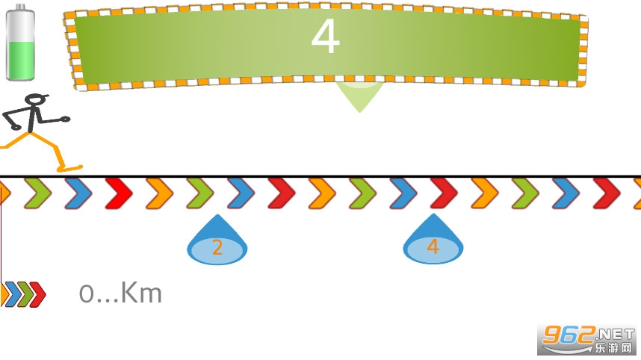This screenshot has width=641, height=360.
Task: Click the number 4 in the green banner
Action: [326, 37]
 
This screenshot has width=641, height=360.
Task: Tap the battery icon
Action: [20, 44]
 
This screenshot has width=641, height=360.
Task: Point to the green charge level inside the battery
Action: [20, 59]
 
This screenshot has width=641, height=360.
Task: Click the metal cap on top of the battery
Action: [21, 8]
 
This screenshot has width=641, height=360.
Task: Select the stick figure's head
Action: [34, 100]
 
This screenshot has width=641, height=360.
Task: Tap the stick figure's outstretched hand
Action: [66, 118]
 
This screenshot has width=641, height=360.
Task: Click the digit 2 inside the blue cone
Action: [217, 248]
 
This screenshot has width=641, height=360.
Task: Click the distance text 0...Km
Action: [120, 294]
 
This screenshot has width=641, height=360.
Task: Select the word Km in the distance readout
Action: [141, 294]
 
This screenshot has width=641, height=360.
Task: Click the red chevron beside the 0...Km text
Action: [38, 294]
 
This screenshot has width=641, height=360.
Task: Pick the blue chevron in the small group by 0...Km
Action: [12, 294]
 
